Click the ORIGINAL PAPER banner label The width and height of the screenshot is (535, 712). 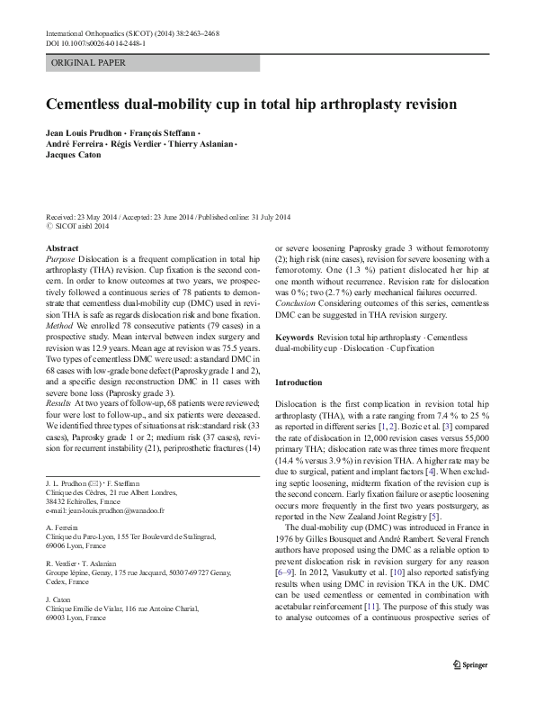(x=89, y=63)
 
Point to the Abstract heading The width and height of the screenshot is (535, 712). (x=61, y=247)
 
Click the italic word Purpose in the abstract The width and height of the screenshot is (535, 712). (x=59, y=258)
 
